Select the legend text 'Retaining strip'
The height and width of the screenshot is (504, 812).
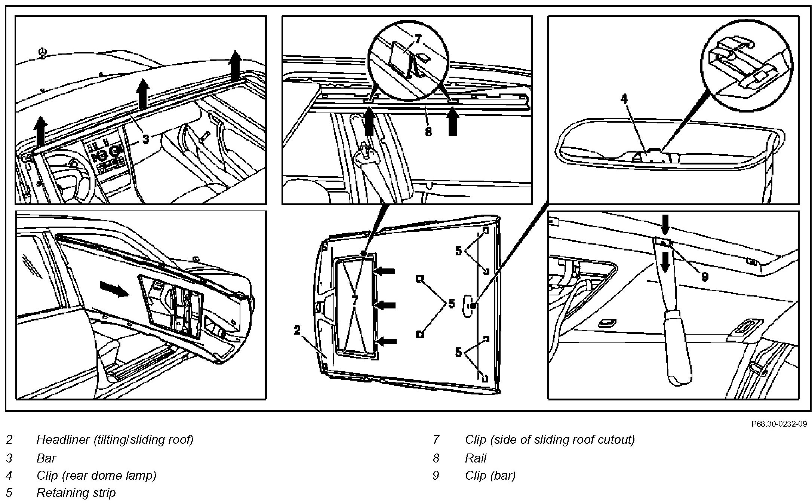[x=76, y=492]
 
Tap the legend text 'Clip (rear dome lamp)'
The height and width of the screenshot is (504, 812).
[x=96, y=475]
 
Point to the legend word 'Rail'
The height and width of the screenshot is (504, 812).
[x=476, y=458]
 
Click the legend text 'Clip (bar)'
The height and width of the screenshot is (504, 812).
[x=490, y=475]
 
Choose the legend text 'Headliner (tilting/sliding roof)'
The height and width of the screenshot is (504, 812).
[x=115, y=439]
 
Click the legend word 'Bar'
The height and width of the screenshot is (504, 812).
[x=46, y=458]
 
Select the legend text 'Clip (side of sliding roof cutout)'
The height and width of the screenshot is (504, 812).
[x=550, y=439]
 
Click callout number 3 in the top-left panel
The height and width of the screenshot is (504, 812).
[x=146, y=139]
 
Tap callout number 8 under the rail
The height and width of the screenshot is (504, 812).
[x=428, y=131]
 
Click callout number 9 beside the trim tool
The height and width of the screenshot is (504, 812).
[x=705, y=277]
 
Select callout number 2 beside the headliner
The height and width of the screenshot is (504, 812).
[x=297, y=330]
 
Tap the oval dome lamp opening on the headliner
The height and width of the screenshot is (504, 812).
[x=468, y=306]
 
